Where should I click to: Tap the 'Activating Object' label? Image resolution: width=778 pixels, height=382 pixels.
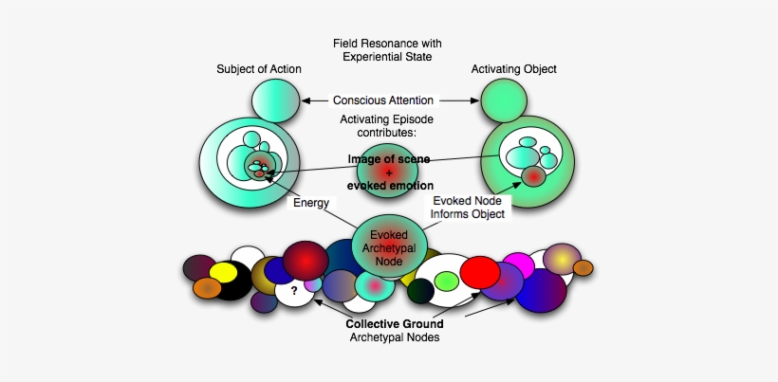[x=512, y=68]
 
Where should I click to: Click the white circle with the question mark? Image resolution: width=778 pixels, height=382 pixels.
[x=294, y=291]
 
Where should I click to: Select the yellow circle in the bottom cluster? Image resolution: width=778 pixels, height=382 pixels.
[x=223, y=273]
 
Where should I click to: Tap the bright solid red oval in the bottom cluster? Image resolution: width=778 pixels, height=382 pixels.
[x=479, y=274]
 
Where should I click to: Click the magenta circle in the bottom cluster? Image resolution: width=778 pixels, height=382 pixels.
[x=518, y=264]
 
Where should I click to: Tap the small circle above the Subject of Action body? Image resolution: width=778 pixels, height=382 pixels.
[x=275, y=101]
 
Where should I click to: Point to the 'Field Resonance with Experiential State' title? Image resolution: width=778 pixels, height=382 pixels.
[x=387, y=51]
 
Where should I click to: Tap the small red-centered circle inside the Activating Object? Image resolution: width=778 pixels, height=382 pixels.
[x=533, y=177]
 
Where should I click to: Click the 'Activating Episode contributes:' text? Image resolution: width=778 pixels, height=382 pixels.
[x=386, y=125]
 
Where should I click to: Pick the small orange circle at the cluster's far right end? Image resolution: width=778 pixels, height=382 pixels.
[x=583, y=268]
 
